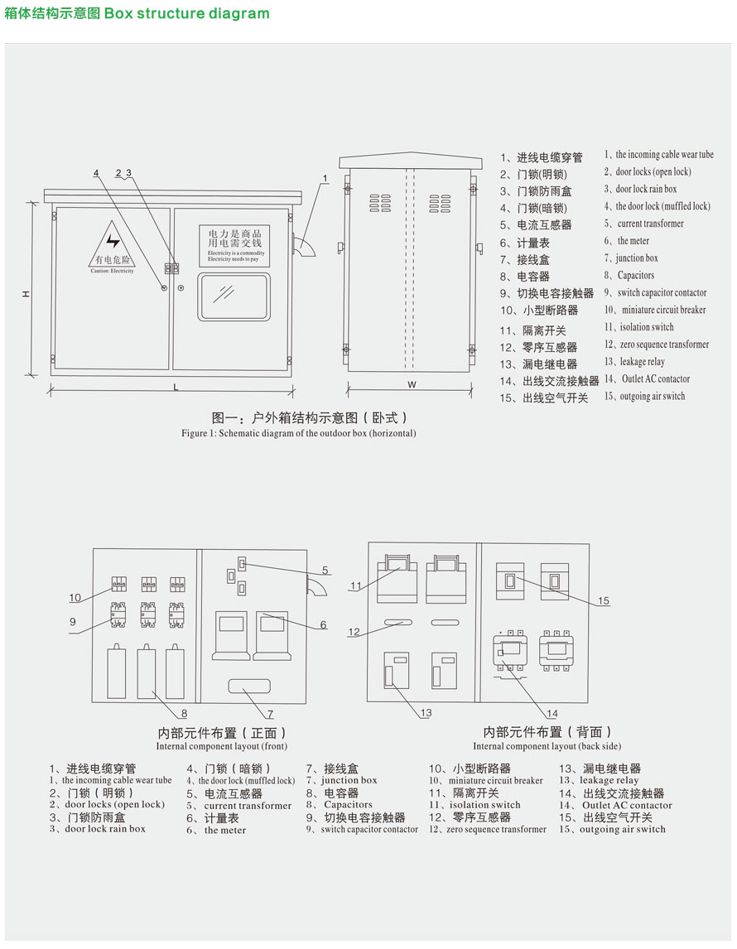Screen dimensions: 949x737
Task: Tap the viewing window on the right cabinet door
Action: [x=234, y=296]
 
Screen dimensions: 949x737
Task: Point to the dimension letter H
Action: [x=26, y=294]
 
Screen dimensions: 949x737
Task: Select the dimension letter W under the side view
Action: [x=412, y=384]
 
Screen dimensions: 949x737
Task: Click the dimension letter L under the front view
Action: [x=176, y=387]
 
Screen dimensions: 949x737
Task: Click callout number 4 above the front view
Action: [x=96, y=173]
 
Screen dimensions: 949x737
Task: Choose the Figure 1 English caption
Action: [x=299, y=433]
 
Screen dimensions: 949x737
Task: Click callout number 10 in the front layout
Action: [x=75, y=597]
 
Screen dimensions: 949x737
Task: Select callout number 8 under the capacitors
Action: [x=184, y=712]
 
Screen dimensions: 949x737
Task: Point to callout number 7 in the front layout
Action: [x=270, y=713]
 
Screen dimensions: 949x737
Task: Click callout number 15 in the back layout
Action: [x=603, y=600]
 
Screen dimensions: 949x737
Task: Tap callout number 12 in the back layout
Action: [x=354, y=632]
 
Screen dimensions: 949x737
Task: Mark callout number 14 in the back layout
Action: [x=552, y=713]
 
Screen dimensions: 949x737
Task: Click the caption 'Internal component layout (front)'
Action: [x=222, y=746]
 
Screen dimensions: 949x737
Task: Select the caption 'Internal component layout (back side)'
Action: [x=547, y=746]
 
